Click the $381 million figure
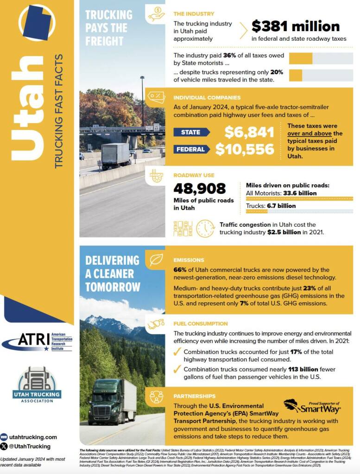[296, 26]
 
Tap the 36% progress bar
[321, 58]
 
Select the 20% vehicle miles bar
[321, 75]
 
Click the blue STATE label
[191, 132]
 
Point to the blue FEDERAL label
[191, 150]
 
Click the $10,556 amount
[245, 150]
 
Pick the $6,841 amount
[249, 132]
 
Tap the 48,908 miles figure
[199, 188]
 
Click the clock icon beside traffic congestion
[205, 228]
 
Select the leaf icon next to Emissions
[155, 260]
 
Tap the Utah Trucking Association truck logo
[37, 384]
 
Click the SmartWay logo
[312, 407]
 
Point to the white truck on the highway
[116, 156]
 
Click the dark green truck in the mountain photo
[112, 401]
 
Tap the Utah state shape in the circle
[37, 23]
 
